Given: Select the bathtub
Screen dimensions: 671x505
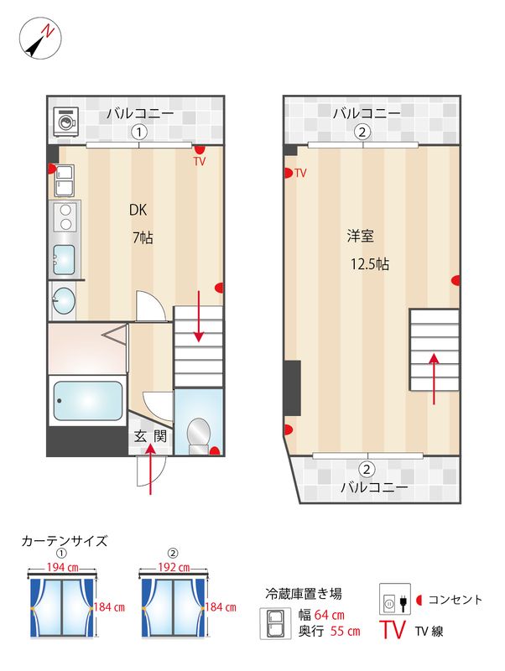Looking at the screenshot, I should click(x=87, y=403).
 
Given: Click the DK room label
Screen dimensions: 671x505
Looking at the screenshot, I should click(x=138, y=210).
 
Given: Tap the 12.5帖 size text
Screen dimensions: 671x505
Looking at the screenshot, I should click(x=370, y=263).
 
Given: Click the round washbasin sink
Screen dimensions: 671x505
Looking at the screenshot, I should click(x=63, y=299).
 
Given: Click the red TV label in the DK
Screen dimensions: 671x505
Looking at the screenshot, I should click(x=200, y=160).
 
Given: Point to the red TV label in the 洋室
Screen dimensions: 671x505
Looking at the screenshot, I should click(x=300, y=174).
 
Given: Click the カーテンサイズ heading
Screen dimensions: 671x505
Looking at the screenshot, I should click(x=64, y=541).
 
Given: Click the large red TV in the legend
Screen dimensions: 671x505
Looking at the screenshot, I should click(x=395, y=629).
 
